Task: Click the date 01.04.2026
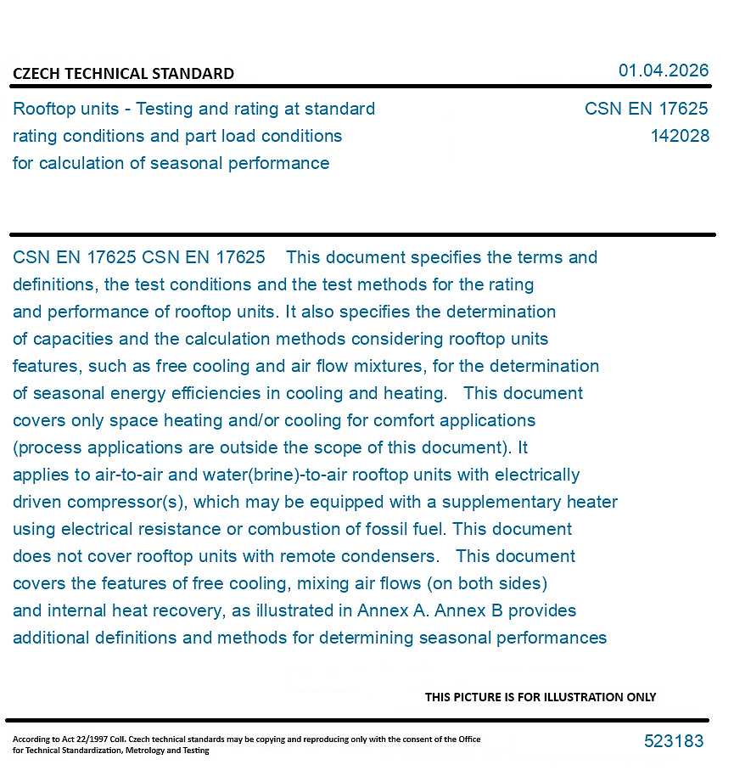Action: (663, 70)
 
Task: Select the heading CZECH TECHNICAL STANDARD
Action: (123, 74)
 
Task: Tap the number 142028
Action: (680, 136)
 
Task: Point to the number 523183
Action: (674, 741)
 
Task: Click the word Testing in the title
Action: (168, 109)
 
